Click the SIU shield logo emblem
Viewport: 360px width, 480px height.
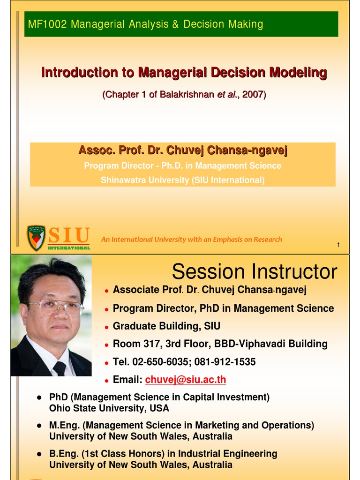click(x=36, y=237)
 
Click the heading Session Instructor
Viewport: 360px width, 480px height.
click(x=254, y=272)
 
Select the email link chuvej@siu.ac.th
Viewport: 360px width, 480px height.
click(x=186, y=380)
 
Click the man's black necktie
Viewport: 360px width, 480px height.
click(x=60, y=367)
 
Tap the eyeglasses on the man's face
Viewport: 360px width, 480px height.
click(x=55, y=307)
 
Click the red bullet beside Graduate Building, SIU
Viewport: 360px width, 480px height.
click(x=107, y=327)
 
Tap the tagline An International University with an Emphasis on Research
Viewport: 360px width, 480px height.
click(x=192, y=240)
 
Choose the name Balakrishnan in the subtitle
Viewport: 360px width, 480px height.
click(x=186, y=95)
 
